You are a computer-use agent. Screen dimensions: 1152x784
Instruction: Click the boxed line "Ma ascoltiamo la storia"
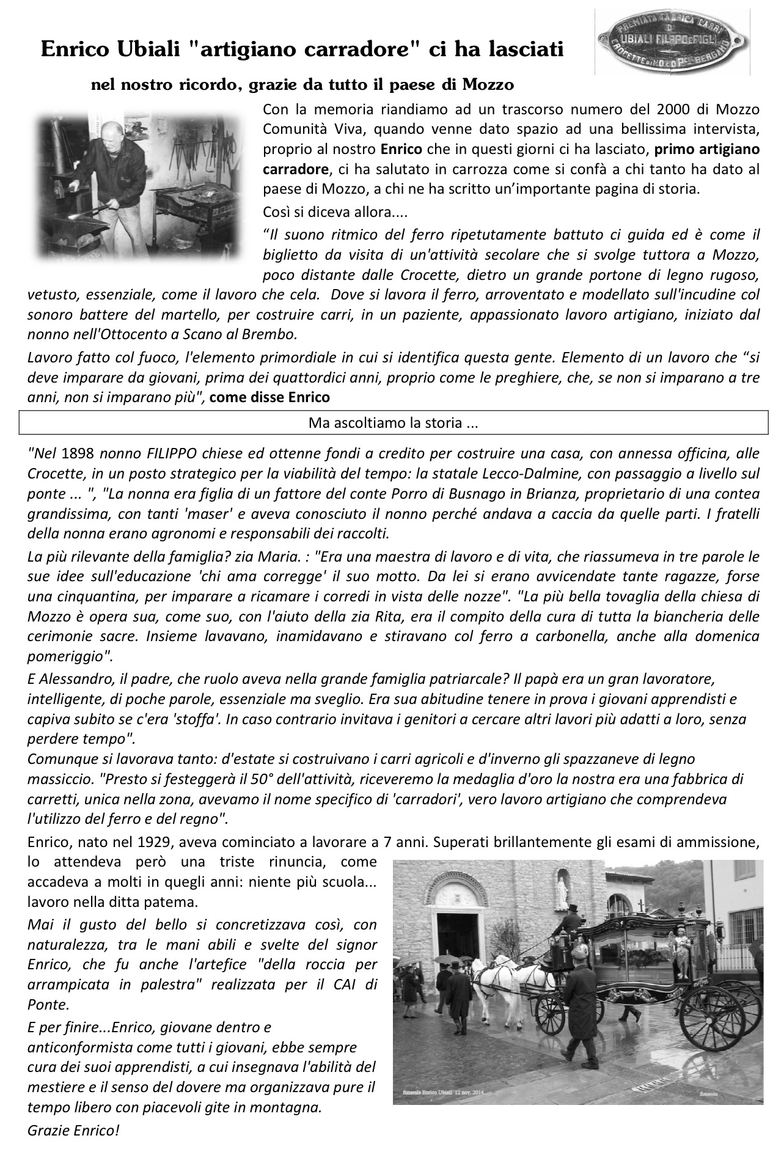click(x=394, y=422)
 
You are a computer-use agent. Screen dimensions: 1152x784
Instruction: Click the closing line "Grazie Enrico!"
click(x=73, y=1131)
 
